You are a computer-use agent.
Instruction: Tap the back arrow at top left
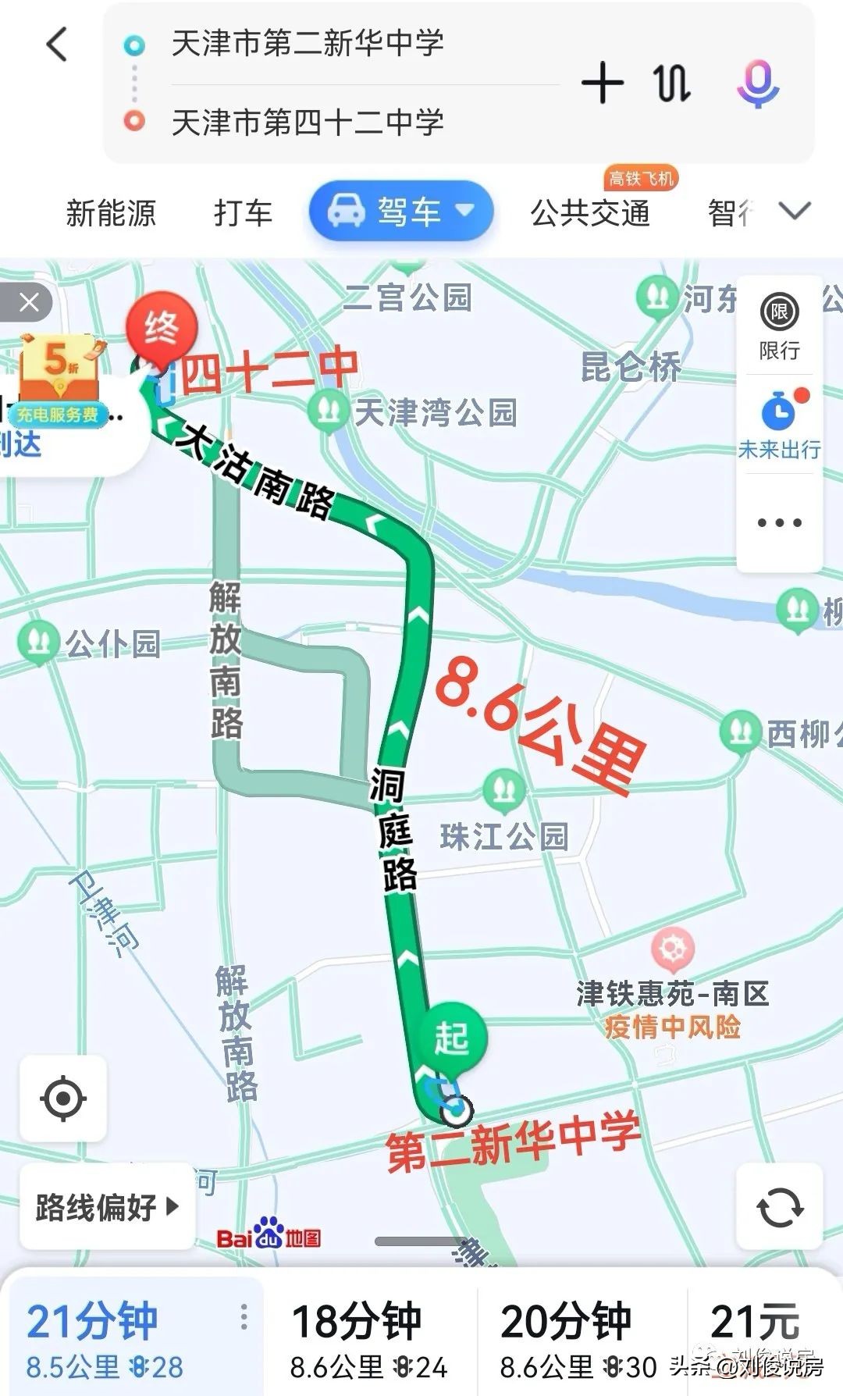tap(57, 45)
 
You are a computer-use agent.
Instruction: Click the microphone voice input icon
tap(757, 84)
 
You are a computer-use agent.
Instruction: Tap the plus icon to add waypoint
tap(602, 84)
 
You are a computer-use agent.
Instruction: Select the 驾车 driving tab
tap(401, 212)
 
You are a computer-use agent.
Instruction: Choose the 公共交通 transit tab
tap(589, 212)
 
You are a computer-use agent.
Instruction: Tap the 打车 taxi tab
tap(243, 212)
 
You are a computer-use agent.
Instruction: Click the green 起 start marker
tap(451, 1039)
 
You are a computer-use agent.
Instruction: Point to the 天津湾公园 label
tap(435, 411)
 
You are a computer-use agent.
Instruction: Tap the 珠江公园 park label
tap(504, 835)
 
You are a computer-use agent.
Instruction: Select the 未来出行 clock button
tap(779, 426)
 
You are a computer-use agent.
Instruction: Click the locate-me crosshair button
tap(63, 1098)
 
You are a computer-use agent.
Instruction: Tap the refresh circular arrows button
tap(779, 1206)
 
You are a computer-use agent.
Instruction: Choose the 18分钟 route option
tap(368, 1337)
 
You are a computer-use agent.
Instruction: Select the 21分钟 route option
tap(105, 1337)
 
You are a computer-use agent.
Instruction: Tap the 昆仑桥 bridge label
tap(631, 366)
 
